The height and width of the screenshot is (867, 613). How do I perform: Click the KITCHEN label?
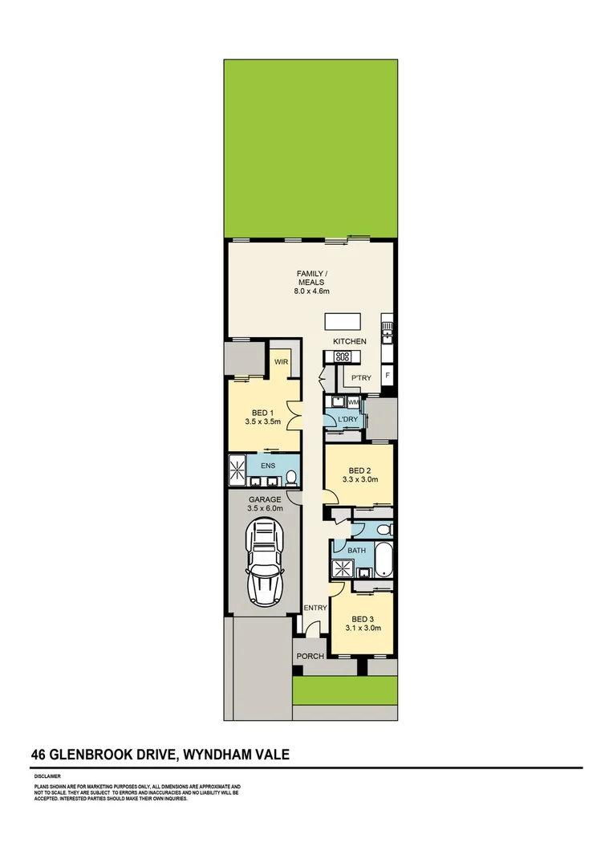pos(350,341)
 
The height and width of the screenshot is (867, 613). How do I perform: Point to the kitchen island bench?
pos(342,322)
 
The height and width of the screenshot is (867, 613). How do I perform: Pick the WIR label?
pos(281,362)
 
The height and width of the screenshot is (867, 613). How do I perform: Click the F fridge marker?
pos(388,375)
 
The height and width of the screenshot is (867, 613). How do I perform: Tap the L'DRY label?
pos(347,420)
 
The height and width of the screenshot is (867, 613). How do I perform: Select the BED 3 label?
pos(363,619)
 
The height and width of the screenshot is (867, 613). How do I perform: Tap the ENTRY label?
pos(315,608)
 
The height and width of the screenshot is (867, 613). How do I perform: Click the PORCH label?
pos(310,656)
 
